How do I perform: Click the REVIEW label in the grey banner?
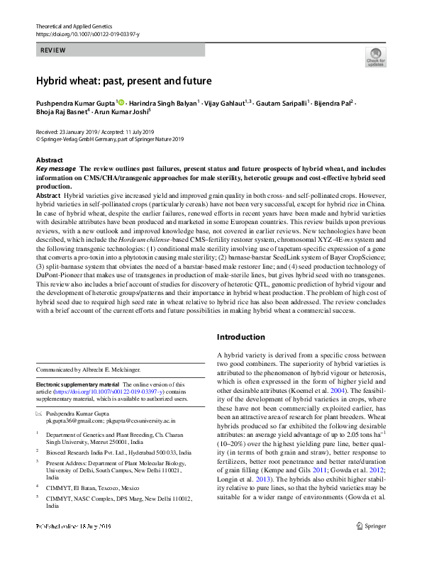pos(53,50)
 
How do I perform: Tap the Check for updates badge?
pos(375,56)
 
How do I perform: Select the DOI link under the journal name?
pos(87,33)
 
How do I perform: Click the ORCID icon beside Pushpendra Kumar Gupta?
pos(121,102)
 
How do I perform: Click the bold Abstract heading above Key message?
pos(49,160)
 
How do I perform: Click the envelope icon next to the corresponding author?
pos(39,413)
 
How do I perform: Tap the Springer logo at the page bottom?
pos(371,545)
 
